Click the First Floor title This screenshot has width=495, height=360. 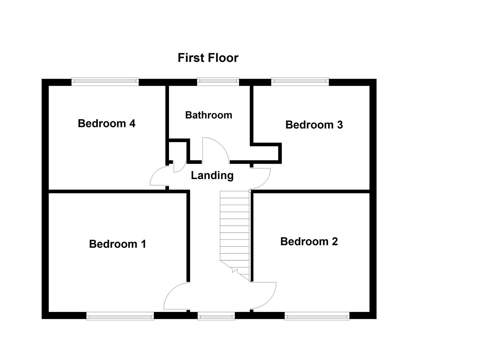pyautogui.click(x=208, y=58)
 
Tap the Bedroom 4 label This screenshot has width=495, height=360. pyautogui.click(x=106, y=123)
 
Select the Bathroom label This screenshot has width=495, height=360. pyautogui.click(x=208, y=115)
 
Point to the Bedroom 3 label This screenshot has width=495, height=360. pyautogui.click(x=314, y=125)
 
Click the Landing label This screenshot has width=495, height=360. pyautogui.click(x=212, y=175)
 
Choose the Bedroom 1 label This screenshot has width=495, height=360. pyautogui.click(x=117, y=244)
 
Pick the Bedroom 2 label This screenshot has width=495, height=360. pyautogui.click(x=309, y=241)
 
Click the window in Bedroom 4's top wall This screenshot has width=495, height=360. pyautogui.click(x=105, y=82)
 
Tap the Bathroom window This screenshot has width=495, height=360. pyautogui.click(x=218, y=82)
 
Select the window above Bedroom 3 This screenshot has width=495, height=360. pyautogui.click(x=300, y=82)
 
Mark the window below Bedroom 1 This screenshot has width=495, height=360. pyautogui.click(x=120, y=316)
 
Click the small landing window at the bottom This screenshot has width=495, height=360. pyautogui.click(x=216, y=316)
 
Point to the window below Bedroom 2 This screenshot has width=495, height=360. pyautogui.click(x=317, y=316)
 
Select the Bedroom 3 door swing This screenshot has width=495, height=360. pyautogui.click(x=262, y=178)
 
